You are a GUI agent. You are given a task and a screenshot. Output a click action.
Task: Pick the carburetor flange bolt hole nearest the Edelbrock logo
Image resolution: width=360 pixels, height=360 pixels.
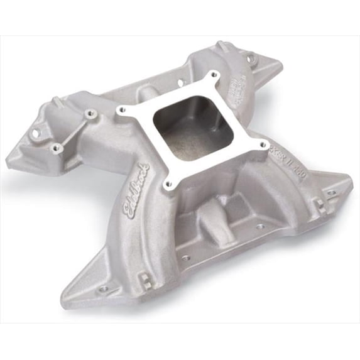pyautogui.click(x=168, y=184)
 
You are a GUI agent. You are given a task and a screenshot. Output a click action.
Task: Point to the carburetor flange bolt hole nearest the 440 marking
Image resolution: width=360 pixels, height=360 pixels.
pyautogui.click(x=262, y=146)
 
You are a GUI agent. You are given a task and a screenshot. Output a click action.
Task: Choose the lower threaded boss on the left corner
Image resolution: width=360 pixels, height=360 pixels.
pyautogui.click(x=57, y=148)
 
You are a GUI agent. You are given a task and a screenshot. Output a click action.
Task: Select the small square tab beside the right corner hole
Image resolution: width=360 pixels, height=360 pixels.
pyautogui.click(x=320, y=204)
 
